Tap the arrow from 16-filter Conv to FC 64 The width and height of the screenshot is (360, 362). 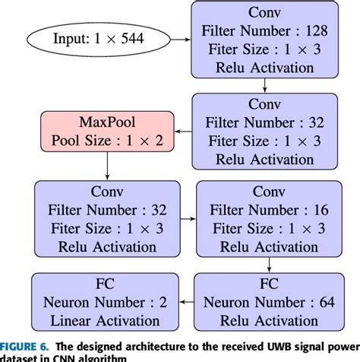click(269, 265)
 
